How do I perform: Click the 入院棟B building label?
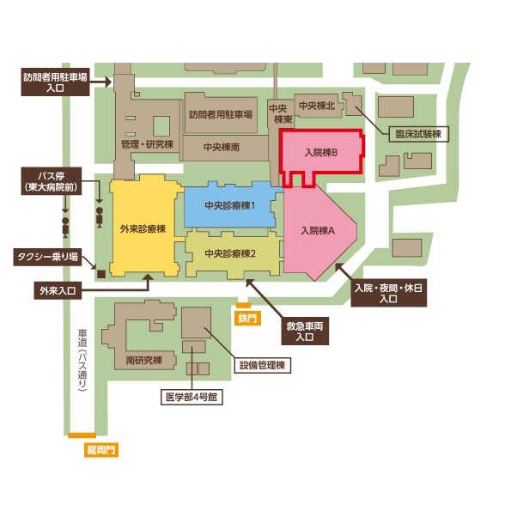pos(321,153)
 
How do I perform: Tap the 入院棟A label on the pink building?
pos(318,231)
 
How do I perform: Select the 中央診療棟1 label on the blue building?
pos(230,205)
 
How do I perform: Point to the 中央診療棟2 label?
pos(230,253)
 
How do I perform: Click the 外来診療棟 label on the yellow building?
pos(143,228)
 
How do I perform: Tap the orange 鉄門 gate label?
pos(247,318)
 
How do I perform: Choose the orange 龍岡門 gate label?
pos(101,450)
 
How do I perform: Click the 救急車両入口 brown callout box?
pos(305,332)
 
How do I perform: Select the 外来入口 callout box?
pos(58,290)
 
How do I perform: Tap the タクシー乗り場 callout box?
pos(47,257)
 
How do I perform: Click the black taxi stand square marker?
pos(101,274)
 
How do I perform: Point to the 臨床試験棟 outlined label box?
pos(419,134)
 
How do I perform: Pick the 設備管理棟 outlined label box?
pos(262,365)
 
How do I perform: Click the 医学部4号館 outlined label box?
pos(192,397)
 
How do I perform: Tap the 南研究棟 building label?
pos(144,360)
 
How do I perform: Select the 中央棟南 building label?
pos(222,147)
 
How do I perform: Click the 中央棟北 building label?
pos(317,106)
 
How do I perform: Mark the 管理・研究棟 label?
pos(147,144)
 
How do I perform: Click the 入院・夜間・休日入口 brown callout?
pos(388,293)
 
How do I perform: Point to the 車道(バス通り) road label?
pos(82,360)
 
